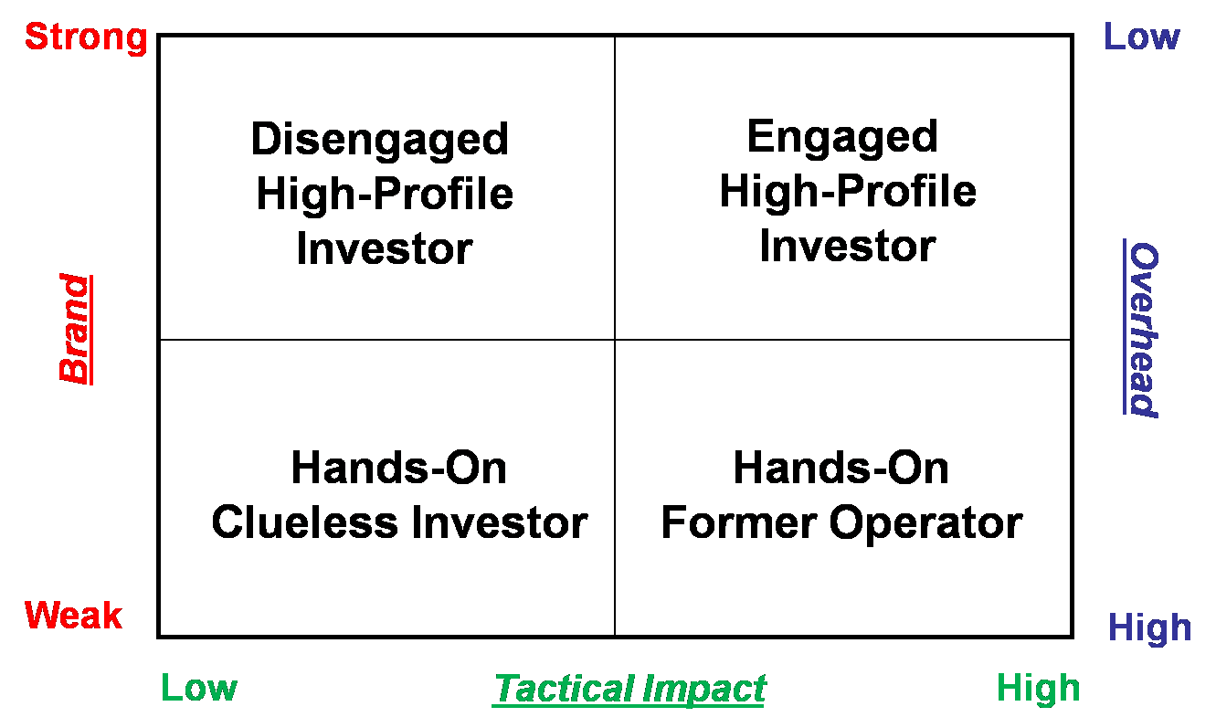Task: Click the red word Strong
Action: click(x=86, y=38)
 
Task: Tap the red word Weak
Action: click(x=73, y=616)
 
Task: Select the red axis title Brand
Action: click(x=75, y=329)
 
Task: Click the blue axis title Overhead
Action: click(x=1142, y=329)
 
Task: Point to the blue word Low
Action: click(x=1142, y=37)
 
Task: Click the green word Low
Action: click(x=199, y=688)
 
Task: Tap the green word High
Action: click(x=1039, y=690)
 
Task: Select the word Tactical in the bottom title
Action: click(x=565, y=690)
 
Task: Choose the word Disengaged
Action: click(x=380, y=141)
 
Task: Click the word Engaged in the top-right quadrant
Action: click(x=842, y=138)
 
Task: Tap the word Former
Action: click(x=739, y=522)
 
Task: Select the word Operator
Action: click(x=926, y=524)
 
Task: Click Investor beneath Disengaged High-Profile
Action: click(x=385, y=249)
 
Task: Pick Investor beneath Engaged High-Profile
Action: click(x=848, y=247)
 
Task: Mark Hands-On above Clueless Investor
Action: click(x=399, y=468)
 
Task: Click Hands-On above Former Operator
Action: click(x=841, y=468)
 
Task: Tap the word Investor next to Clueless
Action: click(x=500, y=522)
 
